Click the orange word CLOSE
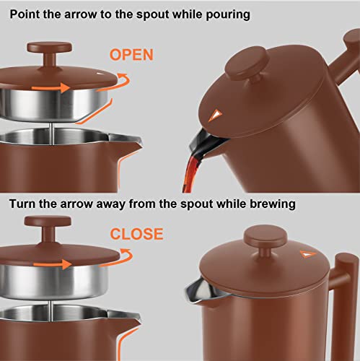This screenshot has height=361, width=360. [136, 234]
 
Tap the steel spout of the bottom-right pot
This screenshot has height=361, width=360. [196, 290]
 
